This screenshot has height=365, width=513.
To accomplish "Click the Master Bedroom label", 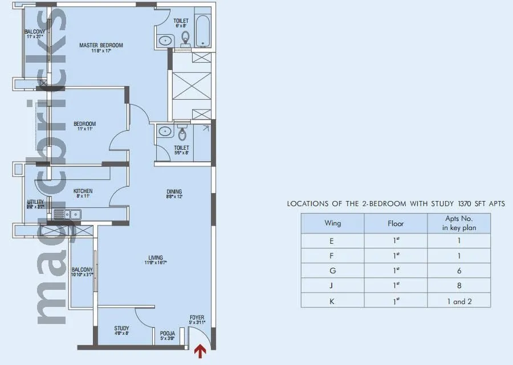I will point(101,46).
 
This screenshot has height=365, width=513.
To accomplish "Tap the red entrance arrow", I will point(199,351).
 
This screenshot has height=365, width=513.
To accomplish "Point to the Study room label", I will point(121,329).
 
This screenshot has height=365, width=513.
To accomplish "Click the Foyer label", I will point(197,318).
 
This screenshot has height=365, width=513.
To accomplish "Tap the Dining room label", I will point(174,192).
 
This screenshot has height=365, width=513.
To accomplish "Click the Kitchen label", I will point(83,191).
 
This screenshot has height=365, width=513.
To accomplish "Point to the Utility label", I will point(35,202).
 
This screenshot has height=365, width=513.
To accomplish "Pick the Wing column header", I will point(332,224).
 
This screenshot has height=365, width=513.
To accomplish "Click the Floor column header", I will point(396,224).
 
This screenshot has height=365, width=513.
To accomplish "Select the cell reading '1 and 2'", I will point(459,301).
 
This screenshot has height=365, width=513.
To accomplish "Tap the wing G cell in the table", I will point(332,270).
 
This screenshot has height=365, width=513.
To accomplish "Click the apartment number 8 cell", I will point(459,286).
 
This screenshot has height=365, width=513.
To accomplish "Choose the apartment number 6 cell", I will point(459,270).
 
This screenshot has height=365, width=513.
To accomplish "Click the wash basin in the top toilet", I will point(166,40).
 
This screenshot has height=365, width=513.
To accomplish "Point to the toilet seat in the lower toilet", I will point(182,134).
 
